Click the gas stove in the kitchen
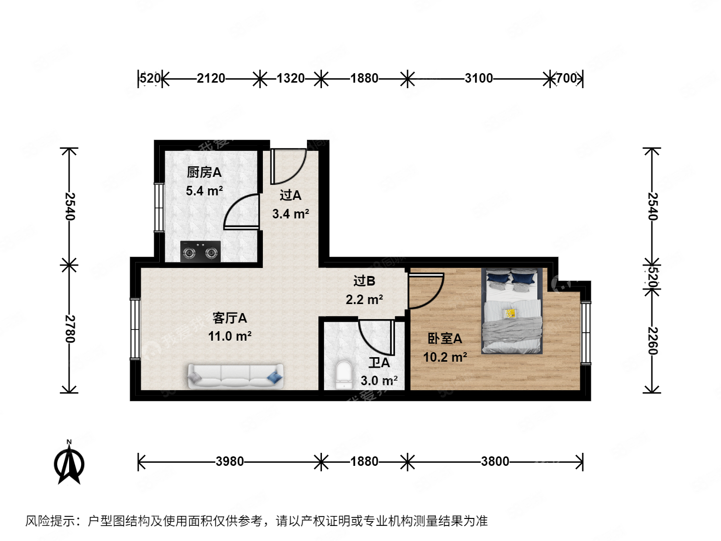pos(200,251)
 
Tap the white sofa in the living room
pos(235,376)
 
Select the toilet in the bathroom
pos(344,375)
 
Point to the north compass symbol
pos(69,463)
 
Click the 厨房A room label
pos(204,172)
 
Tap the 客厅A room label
pos(229,318)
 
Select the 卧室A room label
pos(444,339)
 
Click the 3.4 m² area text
pos(290,214)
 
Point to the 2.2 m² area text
pos(364,300)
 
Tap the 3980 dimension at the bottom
pos(229,461)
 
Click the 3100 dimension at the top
pos(478,78)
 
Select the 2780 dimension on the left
pos(70,329)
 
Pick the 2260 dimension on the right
pos(652,341)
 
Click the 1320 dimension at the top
pos(290,78)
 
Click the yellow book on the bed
pos(510,314)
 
